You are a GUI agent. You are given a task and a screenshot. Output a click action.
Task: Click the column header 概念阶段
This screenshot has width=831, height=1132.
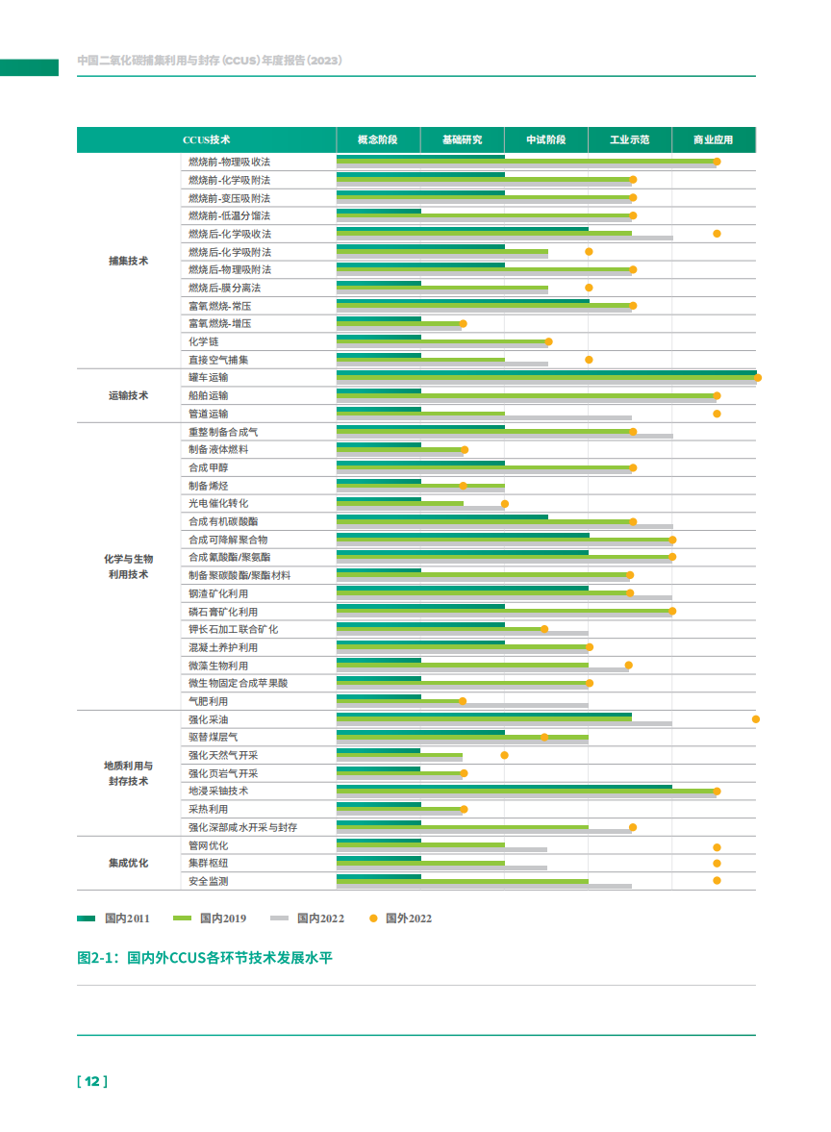coord(377,139)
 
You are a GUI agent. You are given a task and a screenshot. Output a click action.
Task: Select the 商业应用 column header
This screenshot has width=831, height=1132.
coord(713,139)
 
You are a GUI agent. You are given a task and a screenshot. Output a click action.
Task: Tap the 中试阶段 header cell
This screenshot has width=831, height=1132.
coord(545,139)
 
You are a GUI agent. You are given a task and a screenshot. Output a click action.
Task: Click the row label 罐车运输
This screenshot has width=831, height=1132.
coord(209,377)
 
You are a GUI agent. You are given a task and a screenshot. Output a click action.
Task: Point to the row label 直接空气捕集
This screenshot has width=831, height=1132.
coord(218,360)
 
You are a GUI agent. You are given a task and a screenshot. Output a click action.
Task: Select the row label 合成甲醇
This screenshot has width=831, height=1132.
coord(209,467)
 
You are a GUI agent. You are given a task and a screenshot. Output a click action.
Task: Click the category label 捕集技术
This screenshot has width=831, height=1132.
coord(128,261)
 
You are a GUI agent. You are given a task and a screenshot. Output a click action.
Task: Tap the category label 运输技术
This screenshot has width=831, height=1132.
coord(128,395)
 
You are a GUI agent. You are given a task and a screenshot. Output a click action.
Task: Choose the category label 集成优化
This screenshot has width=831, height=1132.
coord(128,863)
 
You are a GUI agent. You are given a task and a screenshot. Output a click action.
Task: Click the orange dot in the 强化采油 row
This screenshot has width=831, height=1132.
coord(756,719)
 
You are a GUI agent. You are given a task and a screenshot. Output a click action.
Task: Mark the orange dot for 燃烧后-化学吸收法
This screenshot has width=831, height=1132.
coord(717,234)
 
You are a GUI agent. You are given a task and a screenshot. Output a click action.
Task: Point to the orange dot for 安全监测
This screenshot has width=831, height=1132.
coord(717,881)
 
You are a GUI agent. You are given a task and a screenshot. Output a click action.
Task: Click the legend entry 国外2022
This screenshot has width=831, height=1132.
coord(401,918)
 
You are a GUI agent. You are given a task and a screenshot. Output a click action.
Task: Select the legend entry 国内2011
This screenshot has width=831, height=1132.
coord(114,918)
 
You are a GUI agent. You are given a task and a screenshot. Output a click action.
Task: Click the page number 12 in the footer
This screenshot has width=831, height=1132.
coord(92,1081)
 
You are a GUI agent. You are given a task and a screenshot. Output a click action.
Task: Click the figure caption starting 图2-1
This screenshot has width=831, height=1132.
coord(204,958)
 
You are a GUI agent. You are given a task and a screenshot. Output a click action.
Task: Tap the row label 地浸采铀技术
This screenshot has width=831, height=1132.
coord(218,791)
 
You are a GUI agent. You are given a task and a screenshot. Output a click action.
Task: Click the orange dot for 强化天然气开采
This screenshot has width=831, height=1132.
coord(504,755)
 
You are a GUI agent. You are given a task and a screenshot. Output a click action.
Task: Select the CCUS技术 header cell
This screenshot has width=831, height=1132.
coord(206,139)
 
